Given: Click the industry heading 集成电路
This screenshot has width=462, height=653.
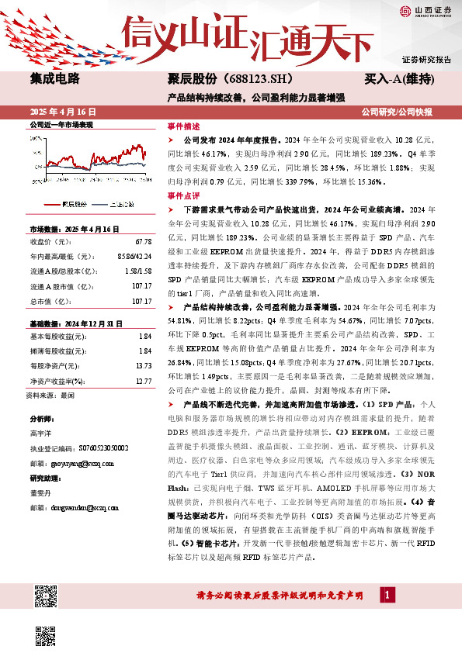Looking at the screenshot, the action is click(54, 78).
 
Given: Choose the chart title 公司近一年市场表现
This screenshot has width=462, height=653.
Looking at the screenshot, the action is click(61, 124).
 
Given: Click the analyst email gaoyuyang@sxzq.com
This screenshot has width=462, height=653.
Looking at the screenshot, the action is click(77, 463).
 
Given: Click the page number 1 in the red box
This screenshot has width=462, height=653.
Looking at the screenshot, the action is click(387, 594).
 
